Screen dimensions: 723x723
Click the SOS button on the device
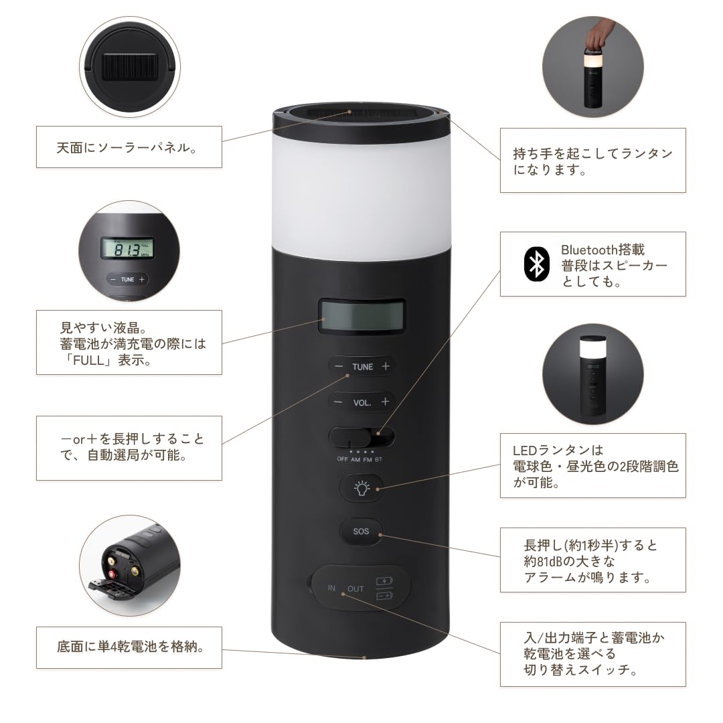[x=361, y=531]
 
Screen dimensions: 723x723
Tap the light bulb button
[x=361, y=488]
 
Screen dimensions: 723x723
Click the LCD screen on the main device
[x=361, y=316]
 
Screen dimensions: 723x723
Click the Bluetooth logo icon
[x=537, y=264]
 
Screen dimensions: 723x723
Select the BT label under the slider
[x=378, y=460]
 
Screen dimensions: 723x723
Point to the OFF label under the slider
[x=343, y=459]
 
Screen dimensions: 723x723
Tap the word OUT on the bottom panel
[x=355, y=589]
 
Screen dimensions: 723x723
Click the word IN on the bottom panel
[x=331, y=588]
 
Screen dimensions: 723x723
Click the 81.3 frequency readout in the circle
[x=127, y=250]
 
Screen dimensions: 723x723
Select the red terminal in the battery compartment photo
[x=112, y=574]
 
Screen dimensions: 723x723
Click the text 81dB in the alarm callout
[x=543, y=561]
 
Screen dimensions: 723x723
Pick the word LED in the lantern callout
[x=525, y=451]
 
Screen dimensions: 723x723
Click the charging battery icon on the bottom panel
[x=384, y=581]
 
